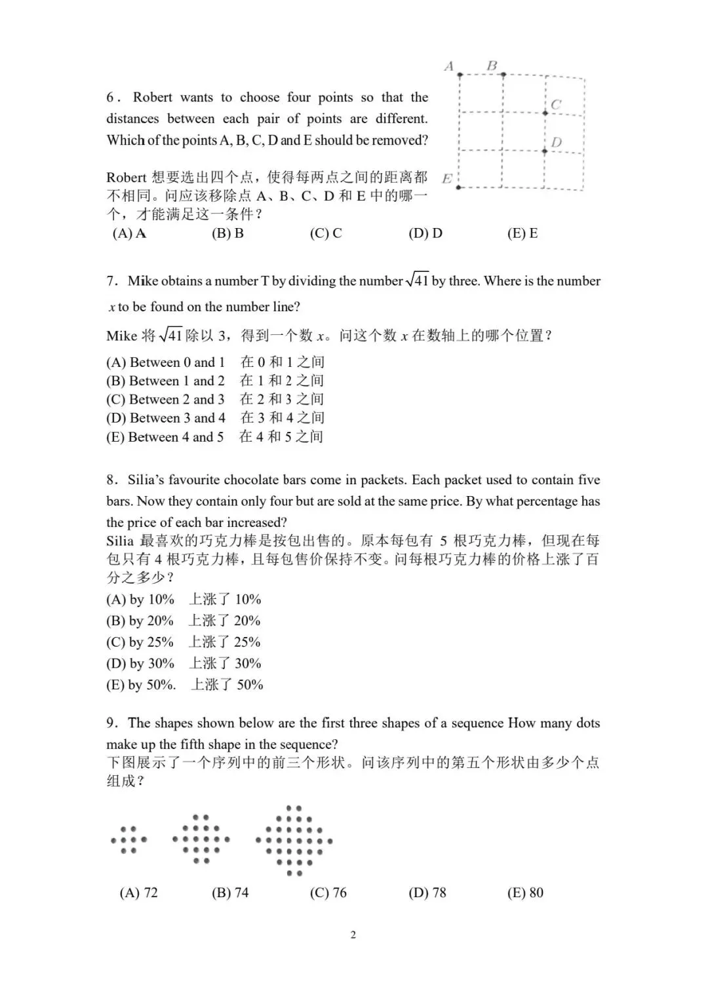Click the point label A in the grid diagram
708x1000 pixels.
[x=449, y=66]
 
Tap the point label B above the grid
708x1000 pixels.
[x=492, y=66]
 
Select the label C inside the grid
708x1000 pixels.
[x=556, y=104]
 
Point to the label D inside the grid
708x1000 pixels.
[x=556, y=142]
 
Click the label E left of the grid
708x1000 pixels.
[x=447, y=178]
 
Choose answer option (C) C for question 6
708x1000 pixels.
[x=326, y=233]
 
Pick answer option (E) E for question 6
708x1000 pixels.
[x=522, y=233]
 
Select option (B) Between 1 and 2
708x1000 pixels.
[x=165, y=381]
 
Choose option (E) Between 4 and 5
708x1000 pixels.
[x=165, y=437]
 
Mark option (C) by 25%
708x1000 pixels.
[x=140, y=642]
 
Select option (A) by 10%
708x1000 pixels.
[x=140, y=600]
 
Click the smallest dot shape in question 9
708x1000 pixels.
[x=129, y=839]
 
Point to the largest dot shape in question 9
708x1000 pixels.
[x=294, y=840]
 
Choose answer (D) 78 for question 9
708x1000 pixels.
[x=427, y=893]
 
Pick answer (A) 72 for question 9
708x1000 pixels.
[x=138, y=893]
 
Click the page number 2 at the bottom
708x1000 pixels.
[x=353, y=934]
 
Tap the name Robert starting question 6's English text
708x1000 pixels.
[x=153, y=98]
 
